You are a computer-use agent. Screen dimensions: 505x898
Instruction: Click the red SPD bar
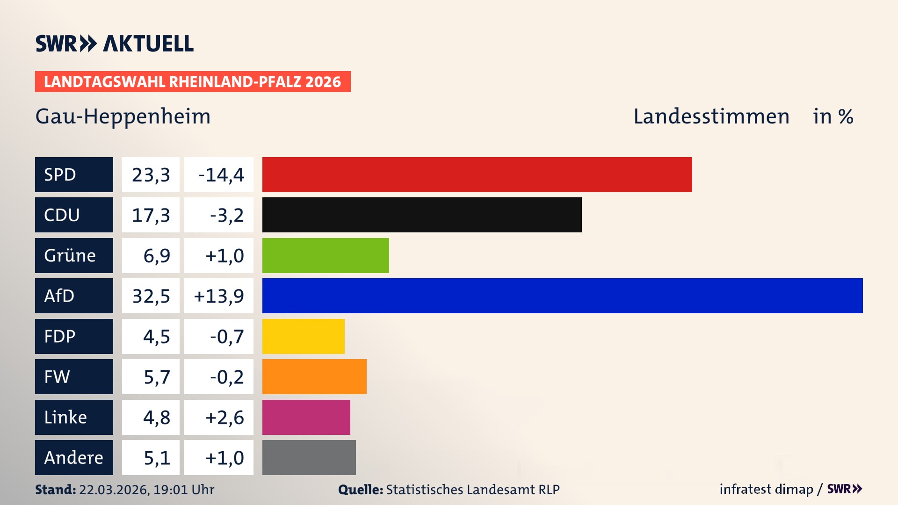click(x=477, y=174)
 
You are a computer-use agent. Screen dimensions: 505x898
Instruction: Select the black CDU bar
click(x=422, y=215)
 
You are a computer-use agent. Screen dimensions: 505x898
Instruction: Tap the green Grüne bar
click(x=326, y=255)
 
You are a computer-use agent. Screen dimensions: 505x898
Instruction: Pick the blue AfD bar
click(x=562, y=296)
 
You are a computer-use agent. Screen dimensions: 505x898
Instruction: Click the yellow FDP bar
click(x=303, y=336)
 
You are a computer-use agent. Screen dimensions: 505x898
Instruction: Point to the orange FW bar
click(x=314, y=376)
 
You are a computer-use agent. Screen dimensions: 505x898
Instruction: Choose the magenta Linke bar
click(x=306, y=417)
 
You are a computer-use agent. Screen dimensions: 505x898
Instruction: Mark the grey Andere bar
click(x=309, y=457)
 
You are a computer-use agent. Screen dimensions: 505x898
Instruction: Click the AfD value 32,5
click(x=151, y=296)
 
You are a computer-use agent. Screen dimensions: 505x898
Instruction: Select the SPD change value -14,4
click(x=221, y=175)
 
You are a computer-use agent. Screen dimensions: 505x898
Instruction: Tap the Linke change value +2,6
click(x=224, y=418)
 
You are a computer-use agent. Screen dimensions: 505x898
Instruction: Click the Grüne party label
click(x=70, y=256)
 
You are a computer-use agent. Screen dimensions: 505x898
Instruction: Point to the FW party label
click(x=57, y=377)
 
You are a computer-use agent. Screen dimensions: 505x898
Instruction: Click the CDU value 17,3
click(x=151, y=215)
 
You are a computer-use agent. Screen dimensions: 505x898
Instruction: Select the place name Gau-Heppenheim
click(x=123, y=116)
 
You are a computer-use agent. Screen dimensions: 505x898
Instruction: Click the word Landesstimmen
click(x=711, y=116)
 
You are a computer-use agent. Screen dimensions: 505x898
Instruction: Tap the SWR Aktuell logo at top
click(x=115, y=43)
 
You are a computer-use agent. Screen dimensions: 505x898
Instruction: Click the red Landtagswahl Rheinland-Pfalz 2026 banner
click(x=193, y=82)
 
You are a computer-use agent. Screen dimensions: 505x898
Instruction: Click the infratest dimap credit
click(x=766, y=489)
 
